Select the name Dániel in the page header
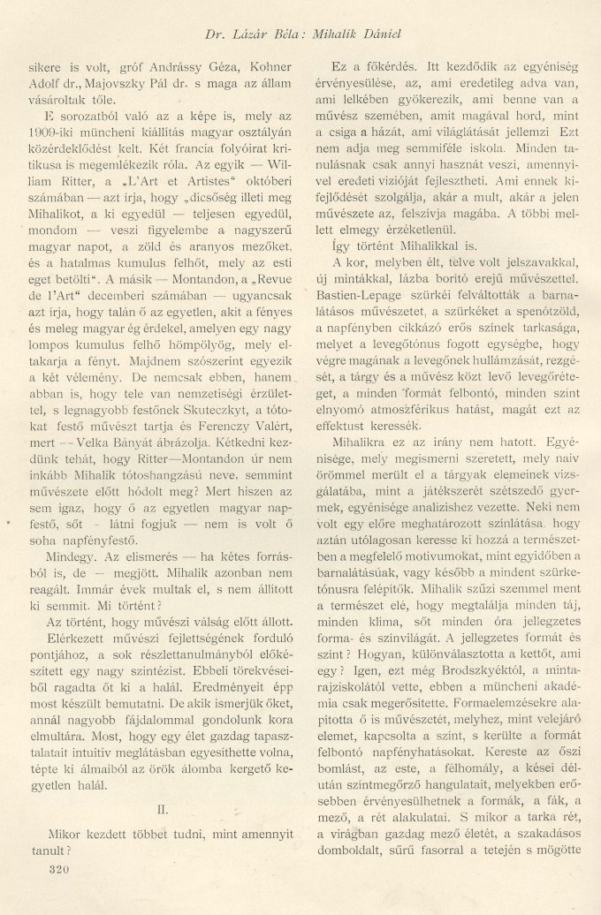click(x=405, y=34)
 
